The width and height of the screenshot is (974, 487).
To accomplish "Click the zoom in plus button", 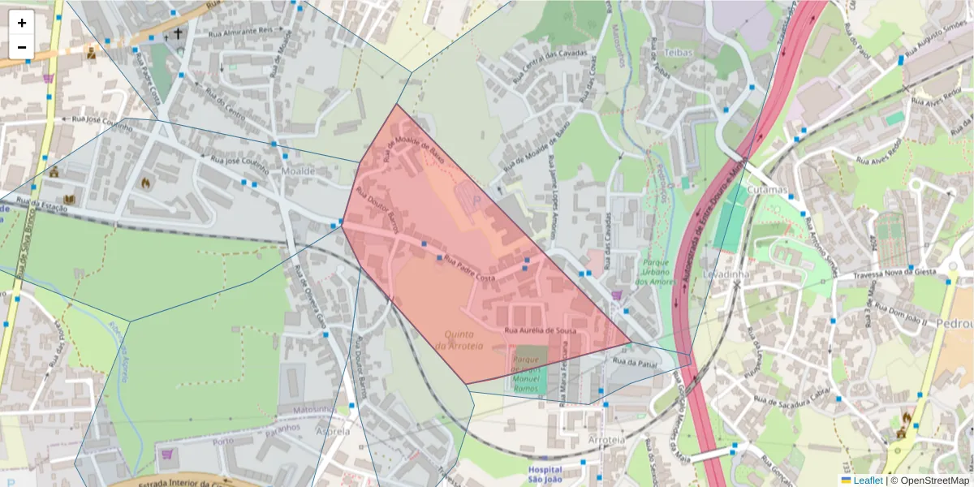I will coord(22,23).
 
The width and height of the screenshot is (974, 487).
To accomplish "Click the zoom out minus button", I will coord(22,47).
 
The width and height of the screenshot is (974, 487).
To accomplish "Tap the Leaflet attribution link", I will coord(868,481).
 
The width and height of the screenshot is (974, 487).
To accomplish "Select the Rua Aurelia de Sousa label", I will coord(541,331).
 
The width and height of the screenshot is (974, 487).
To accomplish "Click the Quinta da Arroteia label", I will coord(459,339).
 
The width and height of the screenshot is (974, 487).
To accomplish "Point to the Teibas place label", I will coord(679,52).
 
